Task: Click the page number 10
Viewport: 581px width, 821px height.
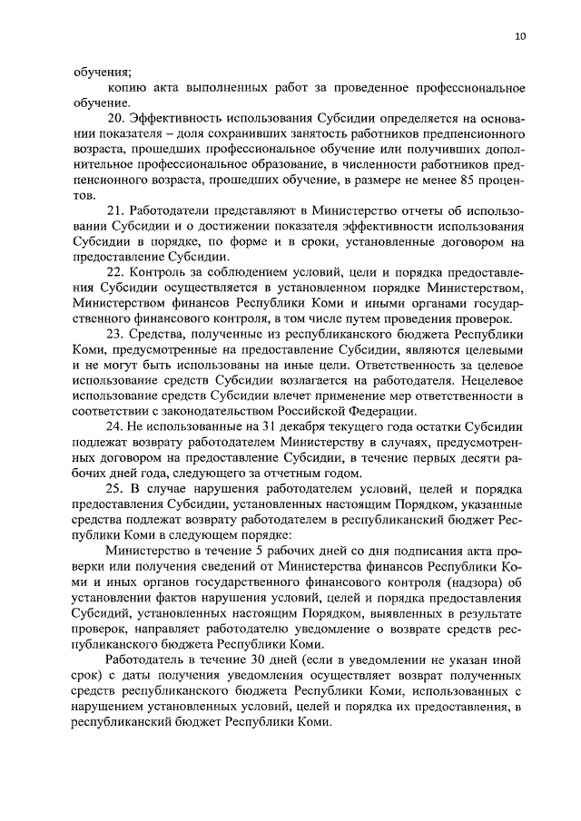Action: click(x=518, y=36)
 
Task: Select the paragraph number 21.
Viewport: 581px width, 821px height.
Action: click(x=115, y=210)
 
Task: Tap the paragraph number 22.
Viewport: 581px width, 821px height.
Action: click(x=115, y=272)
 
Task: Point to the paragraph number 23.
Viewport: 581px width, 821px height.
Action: click(x=115, y=334)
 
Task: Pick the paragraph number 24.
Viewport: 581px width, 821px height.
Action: click(x=115, y=426)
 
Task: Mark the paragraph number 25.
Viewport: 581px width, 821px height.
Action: click(x=115, y=488)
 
